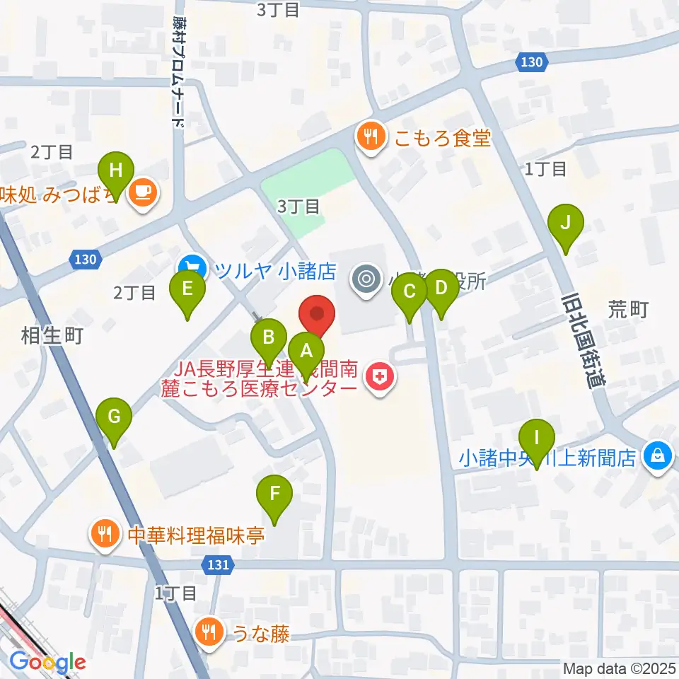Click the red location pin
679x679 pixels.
tap(318, 315)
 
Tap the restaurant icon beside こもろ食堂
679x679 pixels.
tap(369, 137)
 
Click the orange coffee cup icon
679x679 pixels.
tap(143, 192)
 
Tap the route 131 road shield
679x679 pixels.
tap(219, 564)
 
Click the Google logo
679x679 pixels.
tap(47, 663)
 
